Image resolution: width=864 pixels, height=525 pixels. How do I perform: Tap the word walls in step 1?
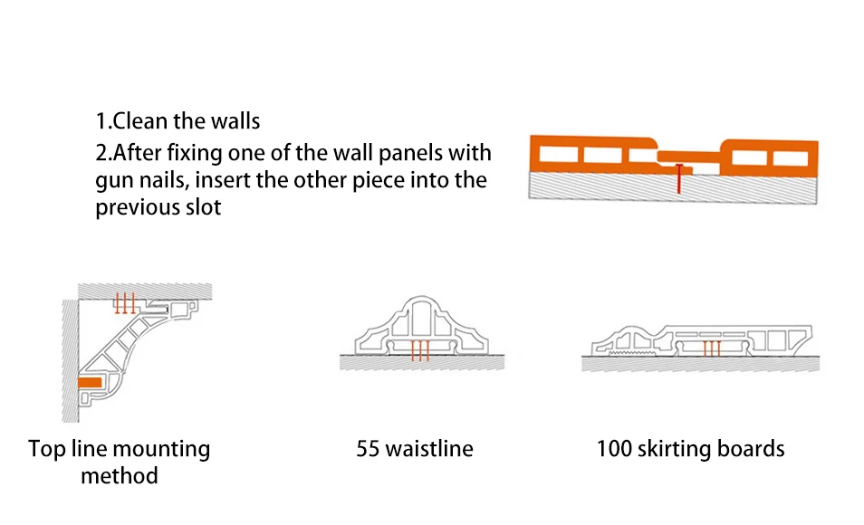pyautogui.click(x=237, y=121)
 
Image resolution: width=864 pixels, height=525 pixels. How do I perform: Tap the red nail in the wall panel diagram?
pyautogui.click(x=679, y=178)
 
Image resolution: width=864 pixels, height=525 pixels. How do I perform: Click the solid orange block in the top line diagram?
pyautogui.click(x=90, y=382)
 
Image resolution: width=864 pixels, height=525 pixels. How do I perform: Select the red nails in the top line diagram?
pyautogui.click(x=125, y=303)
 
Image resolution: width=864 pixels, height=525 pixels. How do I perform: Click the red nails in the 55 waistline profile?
pyautogui.click(x=420, y=351)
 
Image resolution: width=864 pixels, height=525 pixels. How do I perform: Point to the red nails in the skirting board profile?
pyautogui.click(x=712, y=348)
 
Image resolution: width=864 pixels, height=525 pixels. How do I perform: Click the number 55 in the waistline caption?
pyautogui.click(x=368, y=449)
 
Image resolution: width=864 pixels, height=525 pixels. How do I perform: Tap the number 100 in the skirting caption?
pyautogui.click(x=614, y=449)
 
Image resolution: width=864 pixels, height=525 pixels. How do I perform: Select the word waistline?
pyautogui.click(x=429, y=449)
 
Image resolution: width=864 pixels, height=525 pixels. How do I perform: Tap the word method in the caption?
pyautogui.click(x=120, y=476)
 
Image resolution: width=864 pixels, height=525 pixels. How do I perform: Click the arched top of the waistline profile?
pyautogui.click(x=421, y=298)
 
